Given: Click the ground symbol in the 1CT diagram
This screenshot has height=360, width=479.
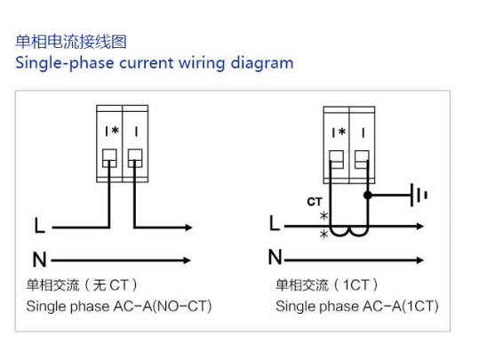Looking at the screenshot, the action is click(419, 195).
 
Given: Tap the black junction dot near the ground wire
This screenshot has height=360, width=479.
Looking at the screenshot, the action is click(368, 195).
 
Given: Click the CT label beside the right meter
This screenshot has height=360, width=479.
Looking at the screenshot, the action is click(315, 202).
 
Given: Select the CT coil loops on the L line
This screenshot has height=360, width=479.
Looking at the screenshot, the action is click(349, 232).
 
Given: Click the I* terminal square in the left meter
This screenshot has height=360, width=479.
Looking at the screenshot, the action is click(109, 157).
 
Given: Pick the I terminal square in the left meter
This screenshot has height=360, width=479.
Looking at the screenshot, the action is click(135, 157).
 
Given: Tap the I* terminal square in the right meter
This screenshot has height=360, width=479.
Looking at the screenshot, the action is click(336, 159).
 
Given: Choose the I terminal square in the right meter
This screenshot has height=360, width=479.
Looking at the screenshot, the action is click(362, 159).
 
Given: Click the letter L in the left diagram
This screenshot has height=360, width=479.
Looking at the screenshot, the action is click(40, 226).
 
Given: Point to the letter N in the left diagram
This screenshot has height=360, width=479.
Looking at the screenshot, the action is click(40, 260).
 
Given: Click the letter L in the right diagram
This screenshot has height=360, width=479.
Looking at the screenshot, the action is click(275, 223).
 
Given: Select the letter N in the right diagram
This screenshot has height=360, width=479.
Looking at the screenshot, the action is click(275, 257).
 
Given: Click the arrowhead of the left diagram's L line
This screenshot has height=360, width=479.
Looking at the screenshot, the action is click(188, 228).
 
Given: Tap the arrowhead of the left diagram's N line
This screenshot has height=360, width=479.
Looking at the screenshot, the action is click(187, 260).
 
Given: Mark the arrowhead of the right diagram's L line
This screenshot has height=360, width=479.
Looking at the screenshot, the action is click(419, 227).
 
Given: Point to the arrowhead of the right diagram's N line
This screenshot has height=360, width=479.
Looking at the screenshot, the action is click(419, 260).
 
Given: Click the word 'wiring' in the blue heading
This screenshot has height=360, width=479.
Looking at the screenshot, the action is click(202, 64).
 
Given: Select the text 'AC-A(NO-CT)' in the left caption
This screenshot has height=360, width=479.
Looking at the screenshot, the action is click(163, 306).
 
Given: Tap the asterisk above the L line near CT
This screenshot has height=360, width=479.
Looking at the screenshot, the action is click(323, 216).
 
